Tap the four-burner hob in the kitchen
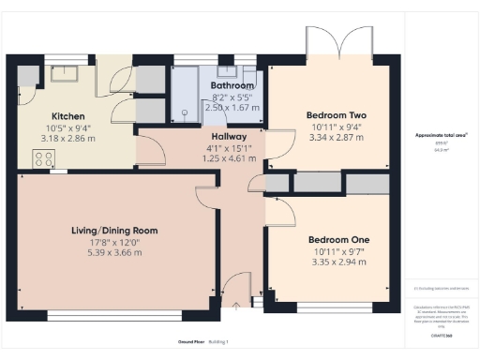(42, 159)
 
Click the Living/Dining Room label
(114, 230)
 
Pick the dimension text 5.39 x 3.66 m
(114, 251)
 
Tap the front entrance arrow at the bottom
(236, 306)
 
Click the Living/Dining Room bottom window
(112, 314)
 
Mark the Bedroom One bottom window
(336, 307)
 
